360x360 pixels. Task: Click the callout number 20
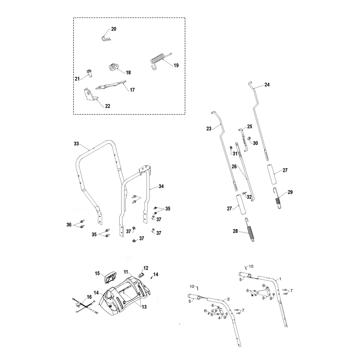114,29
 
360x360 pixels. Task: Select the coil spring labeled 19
158,60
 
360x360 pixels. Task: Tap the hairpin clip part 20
105,38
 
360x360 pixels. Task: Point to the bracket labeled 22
90,95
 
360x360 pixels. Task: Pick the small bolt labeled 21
89,73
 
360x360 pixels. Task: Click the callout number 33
76,144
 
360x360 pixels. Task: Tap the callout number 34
161,186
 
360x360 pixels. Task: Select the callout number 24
267,85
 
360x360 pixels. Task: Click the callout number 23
209,129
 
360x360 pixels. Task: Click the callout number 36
69,225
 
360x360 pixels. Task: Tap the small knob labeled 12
141,275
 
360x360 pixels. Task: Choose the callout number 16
89,297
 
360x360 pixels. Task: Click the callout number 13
144,307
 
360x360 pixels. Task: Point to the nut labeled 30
249,139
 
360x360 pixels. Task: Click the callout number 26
234,166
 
